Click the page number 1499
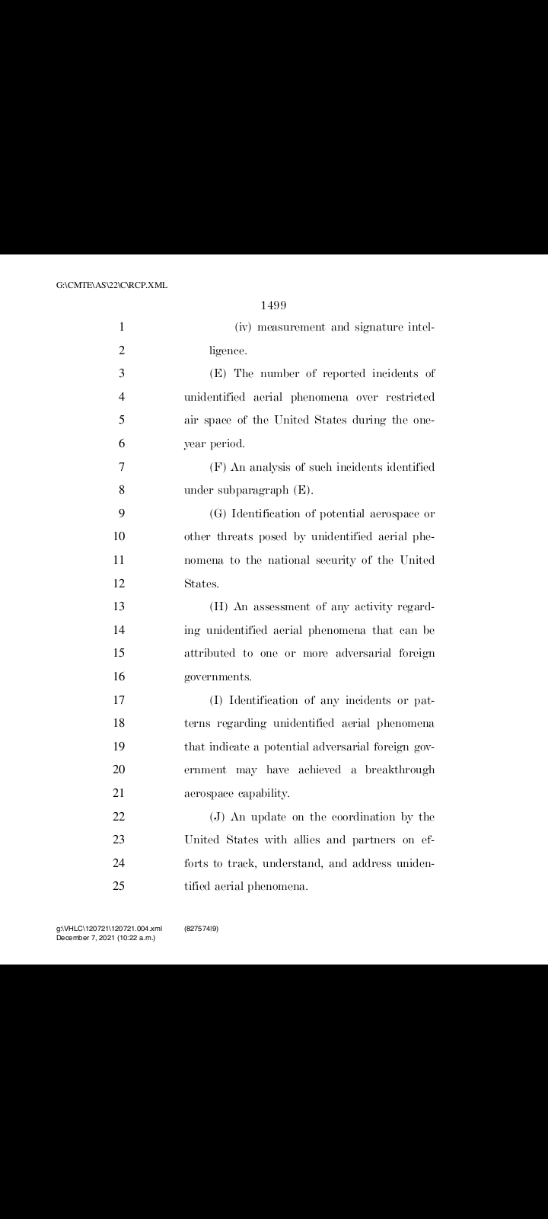click(x=273, y=306)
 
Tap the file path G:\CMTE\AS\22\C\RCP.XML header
click(x=112, y=285)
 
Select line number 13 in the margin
click(x=119, y=606)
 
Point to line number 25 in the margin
click(x=119, y=886)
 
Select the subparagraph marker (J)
click(x=218, y=817)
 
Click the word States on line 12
click(x=201, y=584)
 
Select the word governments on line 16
click(x=218, y=677)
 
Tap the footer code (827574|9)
click(x=202, y=929)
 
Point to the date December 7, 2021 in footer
click(x=84, y=937)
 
